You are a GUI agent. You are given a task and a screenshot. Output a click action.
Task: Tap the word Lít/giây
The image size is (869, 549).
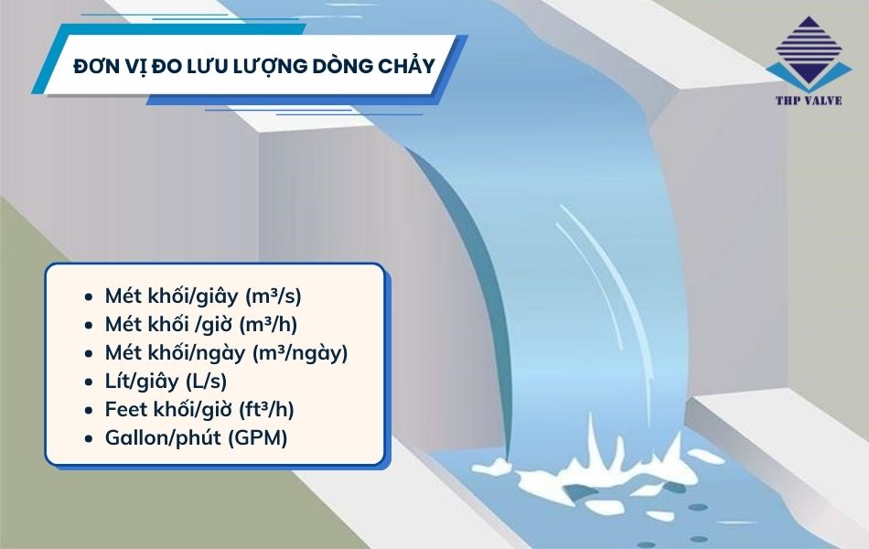click(144, 381)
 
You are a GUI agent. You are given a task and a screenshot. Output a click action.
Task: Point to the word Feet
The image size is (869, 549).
click(126, 409)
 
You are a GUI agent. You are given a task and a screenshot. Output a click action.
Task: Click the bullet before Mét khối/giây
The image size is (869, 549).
click(88, 297)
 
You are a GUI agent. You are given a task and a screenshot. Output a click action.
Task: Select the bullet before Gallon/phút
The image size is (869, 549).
click(88, 438)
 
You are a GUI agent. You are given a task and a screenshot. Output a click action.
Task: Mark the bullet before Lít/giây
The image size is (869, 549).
click(88, 382)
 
